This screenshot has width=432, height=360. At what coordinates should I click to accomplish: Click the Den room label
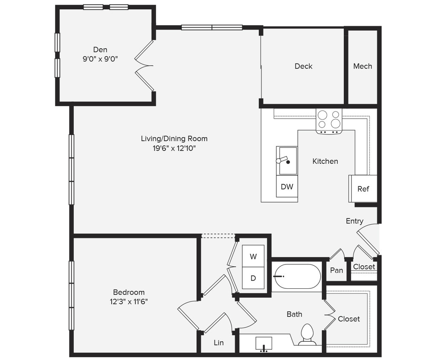point(100,50)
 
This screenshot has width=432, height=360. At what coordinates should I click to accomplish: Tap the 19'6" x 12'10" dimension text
point(174,148)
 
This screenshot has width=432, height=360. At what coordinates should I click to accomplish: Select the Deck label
point(303,66)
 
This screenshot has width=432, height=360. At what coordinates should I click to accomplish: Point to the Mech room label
point(362,66)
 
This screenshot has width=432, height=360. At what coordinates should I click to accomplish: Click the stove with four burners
point(329,120)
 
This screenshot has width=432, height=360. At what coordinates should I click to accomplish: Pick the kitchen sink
point(287,161)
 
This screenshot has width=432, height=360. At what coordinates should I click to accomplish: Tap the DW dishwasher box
point(287,187)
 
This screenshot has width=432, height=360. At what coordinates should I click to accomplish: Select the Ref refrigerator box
point(363,189)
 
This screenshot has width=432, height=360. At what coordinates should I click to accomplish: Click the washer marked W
point(253,256)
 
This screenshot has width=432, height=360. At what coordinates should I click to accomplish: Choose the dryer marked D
point(253,278)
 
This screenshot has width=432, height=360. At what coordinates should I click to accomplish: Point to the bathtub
point(297,276)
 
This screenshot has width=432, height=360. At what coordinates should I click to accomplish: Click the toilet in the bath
point(307,334)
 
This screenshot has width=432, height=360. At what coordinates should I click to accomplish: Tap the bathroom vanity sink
point(264,344)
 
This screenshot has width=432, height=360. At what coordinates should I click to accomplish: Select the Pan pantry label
point(336,270)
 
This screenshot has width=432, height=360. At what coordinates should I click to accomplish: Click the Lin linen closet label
point(218,343)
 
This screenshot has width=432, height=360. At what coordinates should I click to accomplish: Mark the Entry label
point(354,221)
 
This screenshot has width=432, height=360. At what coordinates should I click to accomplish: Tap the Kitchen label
point(325,161)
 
